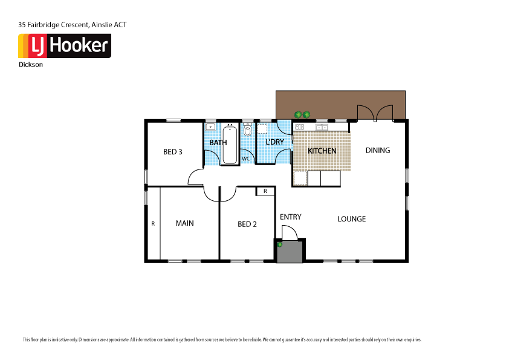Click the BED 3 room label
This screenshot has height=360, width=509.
pos(173,152)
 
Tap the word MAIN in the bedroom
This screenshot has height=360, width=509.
pos(184,223)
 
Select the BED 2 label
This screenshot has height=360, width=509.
pos(247,224)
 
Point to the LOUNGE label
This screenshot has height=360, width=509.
pos(351,219)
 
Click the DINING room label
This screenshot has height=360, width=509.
pos(378,151)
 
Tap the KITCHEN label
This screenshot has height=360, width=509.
pos(322,151)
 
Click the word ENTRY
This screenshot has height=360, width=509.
pos(290,217)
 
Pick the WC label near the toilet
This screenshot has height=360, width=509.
pos(246,159)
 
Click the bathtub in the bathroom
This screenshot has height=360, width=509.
pos(230,144)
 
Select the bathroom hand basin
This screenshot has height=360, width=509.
pos(210,127)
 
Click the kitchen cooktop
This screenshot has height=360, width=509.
pos(299,127)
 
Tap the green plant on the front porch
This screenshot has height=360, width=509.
pos(280,244)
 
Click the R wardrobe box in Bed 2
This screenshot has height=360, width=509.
pos(265,191)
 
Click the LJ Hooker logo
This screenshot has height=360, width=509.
pos(65,46)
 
